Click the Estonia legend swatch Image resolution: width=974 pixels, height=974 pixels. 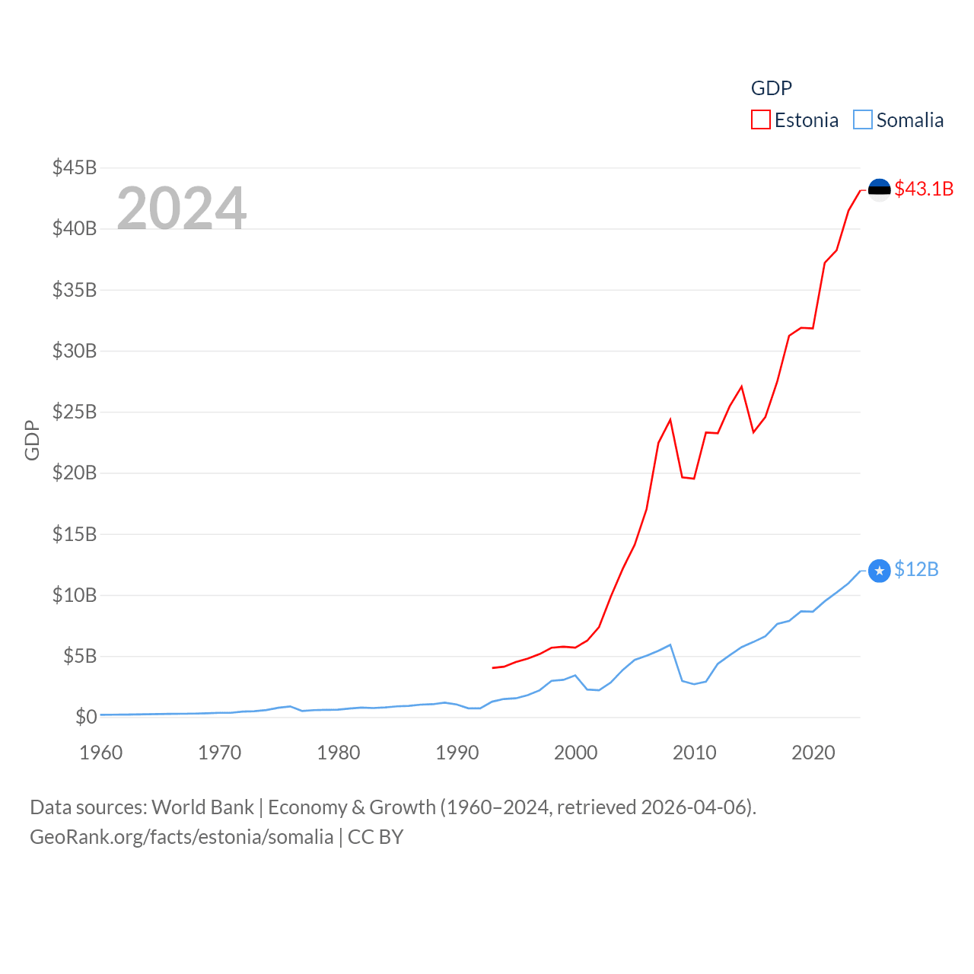(x=761, y=120)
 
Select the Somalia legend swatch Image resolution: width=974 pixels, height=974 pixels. (x=863, y=120)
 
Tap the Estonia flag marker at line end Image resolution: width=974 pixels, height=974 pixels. (x=879, y=189)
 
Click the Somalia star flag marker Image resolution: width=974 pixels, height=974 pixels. (x=879, y=571)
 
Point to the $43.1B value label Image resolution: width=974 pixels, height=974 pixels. (x=924, y=189)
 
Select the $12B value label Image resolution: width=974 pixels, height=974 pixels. (x=916, y=569)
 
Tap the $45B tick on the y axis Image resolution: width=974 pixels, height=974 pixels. (x=75, y=167)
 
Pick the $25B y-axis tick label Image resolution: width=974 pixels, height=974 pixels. (x=75, y=412)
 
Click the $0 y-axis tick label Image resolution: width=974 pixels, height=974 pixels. (x=86, y=717)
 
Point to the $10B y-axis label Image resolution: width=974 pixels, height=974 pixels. (x=75, y=595)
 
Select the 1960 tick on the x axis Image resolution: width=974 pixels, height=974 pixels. (x=101, y=753)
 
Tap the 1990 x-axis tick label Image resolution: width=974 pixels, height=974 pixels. (x=457, y=753)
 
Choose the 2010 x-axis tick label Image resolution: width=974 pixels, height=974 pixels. (x=695, y=753)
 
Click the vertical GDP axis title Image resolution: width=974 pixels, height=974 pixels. (x=32, y=440)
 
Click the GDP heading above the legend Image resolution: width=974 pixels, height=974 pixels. (x=772, y=88)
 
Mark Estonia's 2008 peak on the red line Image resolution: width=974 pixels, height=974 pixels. (x=670, y=420)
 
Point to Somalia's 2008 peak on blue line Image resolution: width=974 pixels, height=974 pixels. (x=670, y=645)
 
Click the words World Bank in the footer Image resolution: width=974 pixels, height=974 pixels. (x=202, y=807)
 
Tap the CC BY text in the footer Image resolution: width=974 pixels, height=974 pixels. (x=375, y=837)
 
